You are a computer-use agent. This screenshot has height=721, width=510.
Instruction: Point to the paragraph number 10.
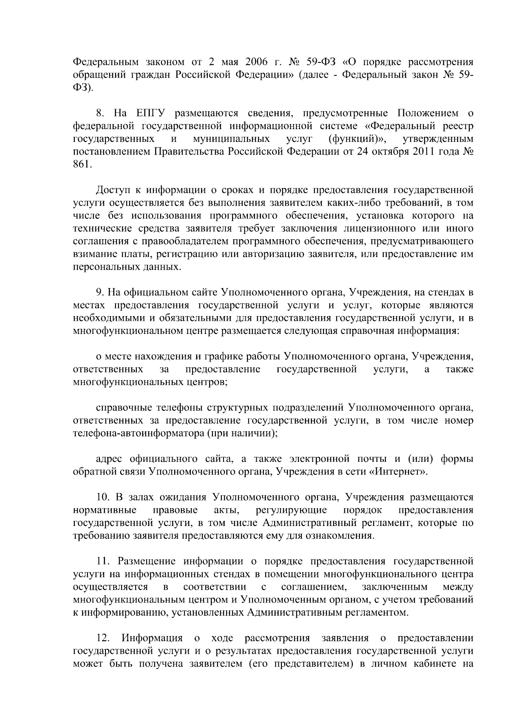click(x=103, y=498)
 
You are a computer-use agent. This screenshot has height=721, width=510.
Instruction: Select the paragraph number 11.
click(x=102, y=562)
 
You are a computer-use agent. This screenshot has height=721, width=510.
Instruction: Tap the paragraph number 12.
click(x=103, y=638)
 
